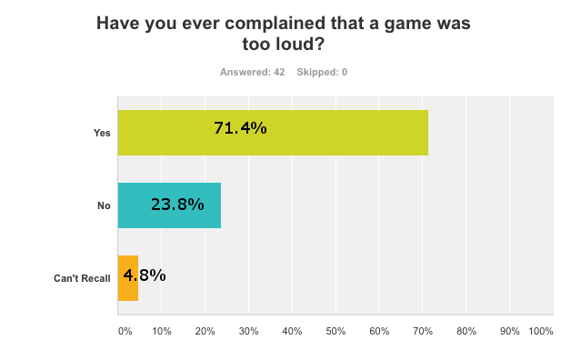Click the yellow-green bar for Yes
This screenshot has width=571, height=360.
pos(273,133)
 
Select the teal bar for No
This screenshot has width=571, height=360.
pos(169,205)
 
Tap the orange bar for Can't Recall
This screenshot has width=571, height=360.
pos(128,278)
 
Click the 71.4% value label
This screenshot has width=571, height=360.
pos(240,128)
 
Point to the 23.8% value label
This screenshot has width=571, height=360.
pos(177,204)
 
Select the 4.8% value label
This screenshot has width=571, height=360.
pos(145,275)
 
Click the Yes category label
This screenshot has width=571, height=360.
pos(102,133)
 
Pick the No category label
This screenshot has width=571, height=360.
pos(104,205)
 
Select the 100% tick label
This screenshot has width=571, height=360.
pos(540,332)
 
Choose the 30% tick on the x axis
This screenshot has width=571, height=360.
pos(250,332)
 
